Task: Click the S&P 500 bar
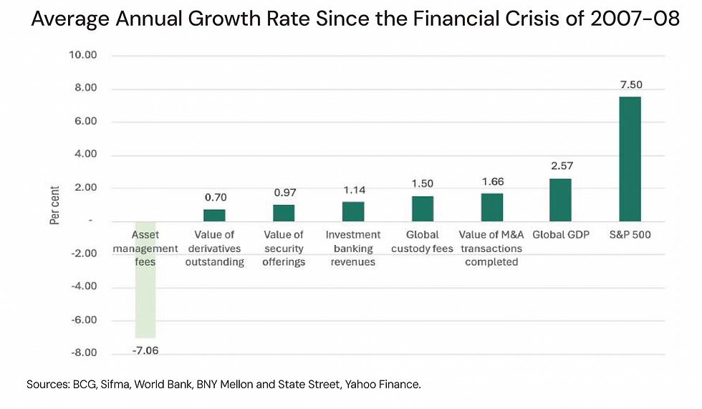click(x=630, y=158)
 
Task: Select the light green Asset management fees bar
click(x=145, y=279)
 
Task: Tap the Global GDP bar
click(x=560, y=199)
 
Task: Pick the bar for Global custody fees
click(x=422, y=208)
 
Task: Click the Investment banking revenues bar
click(x=352, y=211)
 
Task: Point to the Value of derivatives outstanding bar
click(x=214, y=215)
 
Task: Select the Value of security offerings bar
click(x=284, y=213)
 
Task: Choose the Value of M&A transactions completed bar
click(x=491, y=207)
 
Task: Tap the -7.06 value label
click(x=145, y=350)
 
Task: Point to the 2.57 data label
click(x=560, y=167)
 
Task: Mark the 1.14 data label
click(x=352, y=191)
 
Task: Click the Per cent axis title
click(x=55, y=204)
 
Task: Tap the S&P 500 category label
click(x=630, y=235)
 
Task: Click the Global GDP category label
click(x=560, y=235)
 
